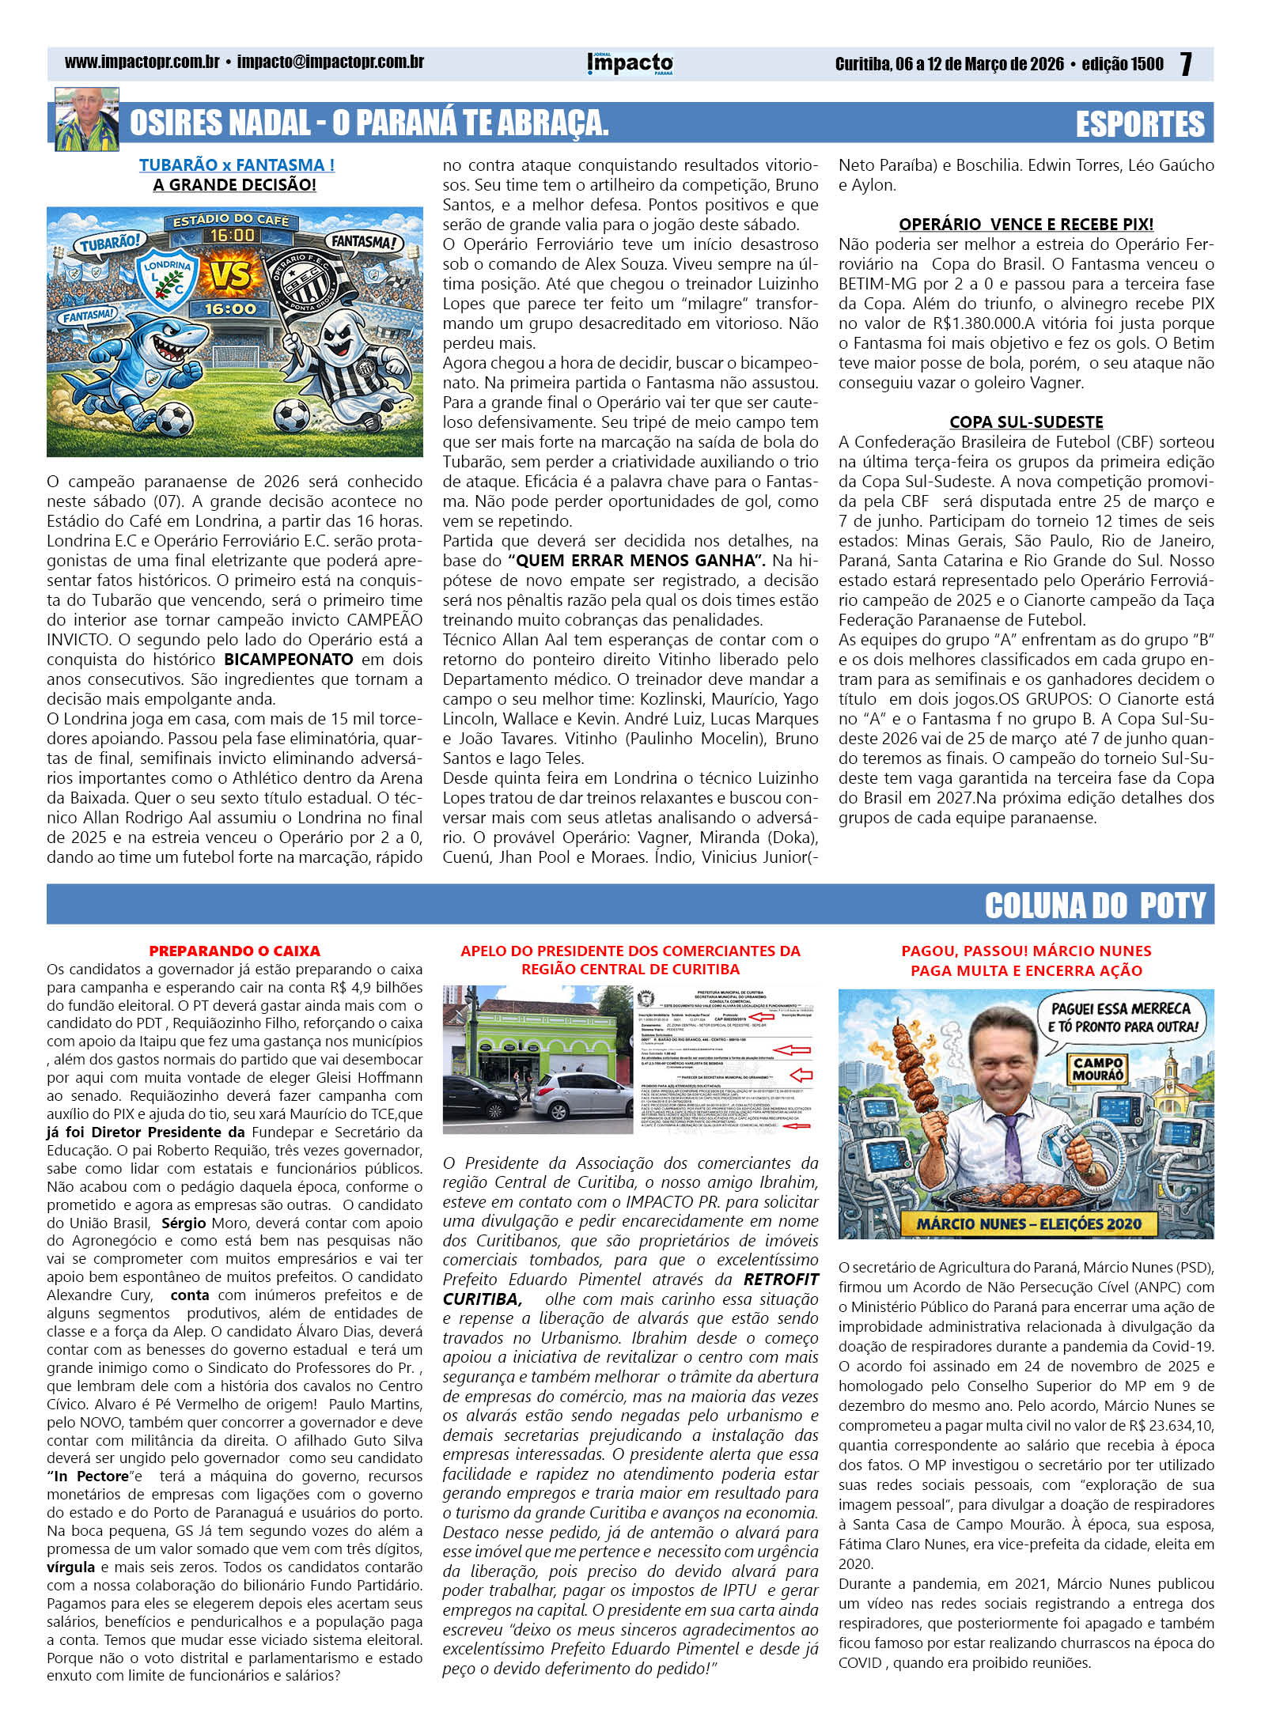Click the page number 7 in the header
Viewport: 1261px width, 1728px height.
click(1186, 64)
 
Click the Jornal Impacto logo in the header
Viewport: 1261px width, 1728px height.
click(630, 63)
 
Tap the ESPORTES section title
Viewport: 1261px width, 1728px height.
click(1140, 124)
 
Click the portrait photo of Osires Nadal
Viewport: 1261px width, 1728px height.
click(86, 119)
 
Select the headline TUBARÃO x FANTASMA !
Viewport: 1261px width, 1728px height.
click(237, 165)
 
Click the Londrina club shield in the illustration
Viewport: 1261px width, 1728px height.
click(167, 277)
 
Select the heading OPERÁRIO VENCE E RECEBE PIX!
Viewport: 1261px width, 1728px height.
click(1026, 224)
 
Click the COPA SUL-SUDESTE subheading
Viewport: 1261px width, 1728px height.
click(1026, 422)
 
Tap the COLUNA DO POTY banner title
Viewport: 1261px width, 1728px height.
click(1095, 906)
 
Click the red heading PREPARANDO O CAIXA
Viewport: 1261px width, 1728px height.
click(234, 951)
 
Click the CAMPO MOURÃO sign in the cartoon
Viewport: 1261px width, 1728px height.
click(1097, 1068)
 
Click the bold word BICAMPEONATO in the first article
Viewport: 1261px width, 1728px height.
click(289, 660)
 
